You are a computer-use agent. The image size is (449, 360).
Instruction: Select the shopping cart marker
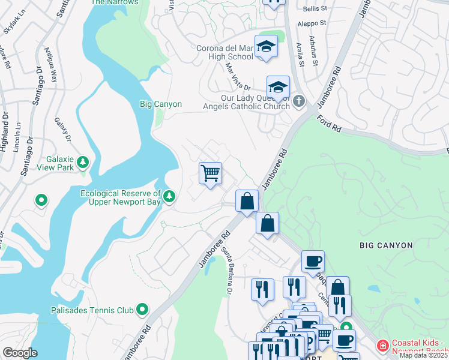pos(210,173)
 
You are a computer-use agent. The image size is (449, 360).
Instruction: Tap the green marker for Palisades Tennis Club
pos(142,310)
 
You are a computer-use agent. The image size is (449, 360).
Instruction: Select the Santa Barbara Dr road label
pos(226,272)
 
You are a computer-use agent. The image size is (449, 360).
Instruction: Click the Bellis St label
pos(315,9)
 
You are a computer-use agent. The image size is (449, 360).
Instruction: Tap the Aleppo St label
pos(313,23)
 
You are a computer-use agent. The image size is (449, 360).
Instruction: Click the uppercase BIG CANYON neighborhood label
pos(386,245)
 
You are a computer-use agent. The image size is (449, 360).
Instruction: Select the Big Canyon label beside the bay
pos(160,104)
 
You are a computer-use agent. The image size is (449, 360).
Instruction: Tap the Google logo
pos(20,353)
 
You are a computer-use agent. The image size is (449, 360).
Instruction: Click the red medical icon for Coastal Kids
pos(382,346)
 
